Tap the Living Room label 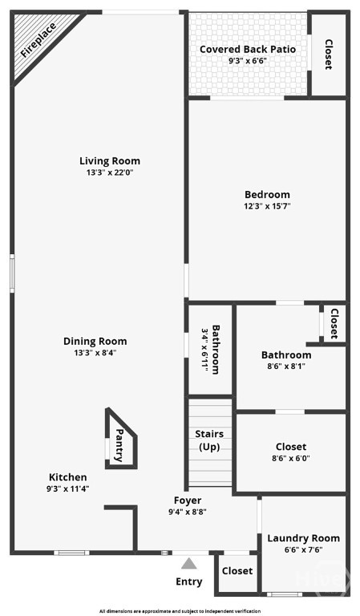click(110, 161)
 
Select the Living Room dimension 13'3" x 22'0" click(110, 172)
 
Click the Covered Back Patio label click(248, 49)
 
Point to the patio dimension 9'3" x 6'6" click(248, 60)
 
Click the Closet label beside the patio click(328, 55)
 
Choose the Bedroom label click(267, 194)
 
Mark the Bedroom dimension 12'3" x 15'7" click(267, 206)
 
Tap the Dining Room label click(95, 341)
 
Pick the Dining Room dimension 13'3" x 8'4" click(95, 352)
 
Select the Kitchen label click(68, 476)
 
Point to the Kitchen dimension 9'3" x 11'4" click(68, 488)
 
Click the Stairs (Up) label click(209, 440)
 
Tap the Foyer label click(188, 500)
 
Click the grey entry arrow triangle click(188, 563)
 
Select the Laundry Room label click(304, 538)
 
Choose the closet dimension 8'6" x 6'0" click(291, 459)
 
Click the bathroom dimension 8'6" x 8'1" click(286, 367)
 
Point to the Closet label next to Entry click(237, 571)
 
